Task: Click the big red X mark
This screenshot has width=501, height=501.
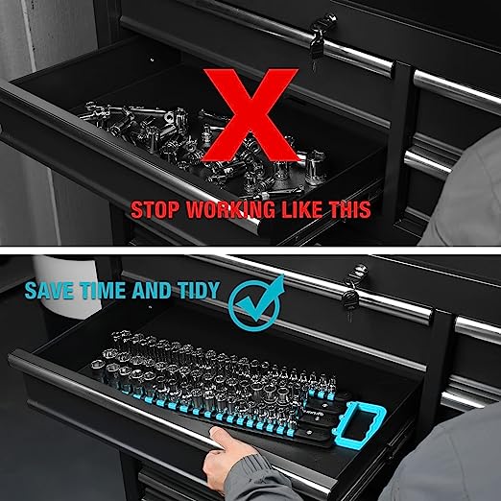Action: pos(251,114)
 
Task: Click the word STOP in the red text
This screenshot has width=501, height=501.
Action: pos(155,210)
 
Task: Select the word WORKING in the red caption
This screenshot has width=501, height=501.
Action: pos(230,210)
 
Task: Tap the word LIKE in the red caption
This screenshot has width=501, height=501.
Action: pos(302,209)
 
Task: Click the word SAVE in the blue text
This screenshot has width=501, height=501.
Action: pos(50,291)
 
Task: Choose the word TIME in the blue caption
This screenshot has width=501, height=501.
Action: pos(103,291)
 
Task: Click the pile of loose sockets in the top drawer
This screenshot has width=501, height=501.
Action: pos(204,147)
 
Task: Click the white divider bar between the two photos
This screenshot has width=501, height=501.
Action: pos(250,250)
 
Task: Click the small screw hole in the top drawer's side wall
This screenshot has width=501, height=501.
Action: pos(152,60)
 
